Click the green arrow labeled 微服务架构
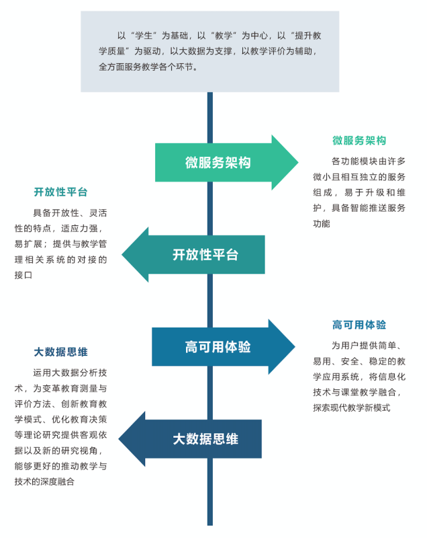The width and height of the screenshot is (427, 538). (x=226, y=162)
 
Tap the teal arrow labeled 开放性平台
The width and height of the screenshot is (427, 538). (x=193, y=255)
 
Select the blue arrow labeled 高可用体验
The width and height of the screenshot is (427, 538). (x=224, y=347)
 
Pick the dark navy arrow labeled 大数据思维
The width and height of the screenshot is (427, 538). (x=190, y=439)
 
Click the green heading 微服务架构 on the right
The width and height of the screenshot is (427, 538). (x=359, y=141)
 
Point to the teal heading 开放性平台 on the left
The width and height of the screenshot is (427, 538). (x=60, y=192)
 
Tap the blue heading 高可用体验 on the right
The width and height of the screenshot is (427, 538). (x=359, y=325)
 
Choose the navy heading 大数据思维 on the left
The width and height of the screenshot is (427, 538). (x=60, y=352)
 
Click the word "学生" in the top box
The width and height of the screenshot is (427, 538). (x=144, y=36)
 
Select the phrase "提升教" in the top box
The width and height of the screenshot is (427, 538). (x=308, y=36)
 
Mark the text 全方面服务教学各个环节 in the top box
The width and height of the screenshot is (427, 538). (x=146, y=67)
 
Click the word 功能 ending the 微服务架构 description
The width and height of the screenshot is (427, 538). (x=322, y=224)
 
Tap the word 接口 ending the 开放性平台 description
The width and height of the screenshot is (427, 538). (x=23, y=275)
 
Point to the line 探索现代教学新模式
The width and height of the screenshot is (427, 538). (x=352, y=408)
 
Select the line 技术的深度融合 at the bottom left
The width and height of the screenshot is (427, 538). (x=44, y=482)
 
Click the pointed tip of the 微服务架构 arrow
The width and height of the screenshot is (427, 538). (x=298, y=162)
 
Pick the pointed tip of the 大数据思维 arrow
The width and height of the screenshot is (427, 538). (x=119, y=439)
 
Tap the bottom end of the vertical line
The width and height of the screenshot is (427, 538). (x=210, y=525)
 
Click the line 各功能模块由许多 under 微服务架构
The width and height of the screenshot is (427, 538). (x=369, y=161)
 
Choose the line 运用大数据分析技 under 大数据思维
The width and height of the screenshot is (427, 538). (x=70, y=373)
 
